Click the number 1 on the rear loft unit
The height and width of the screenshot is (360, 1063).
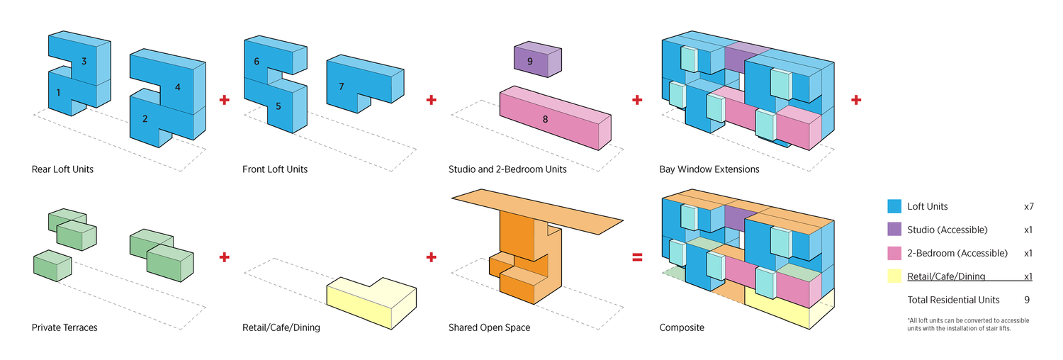[58, 92]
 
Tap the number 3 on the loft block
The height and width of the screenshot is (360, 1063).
[84, 62]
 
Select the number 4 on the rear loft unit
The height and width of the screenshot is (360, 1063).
[177, 87]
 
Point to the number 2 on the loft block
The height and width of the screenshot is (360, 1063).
[145, 118]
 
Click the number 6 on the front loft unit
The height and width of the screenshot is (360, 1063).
[257, 62]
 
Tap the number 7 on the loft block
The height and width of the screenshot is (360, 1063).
[342, 86]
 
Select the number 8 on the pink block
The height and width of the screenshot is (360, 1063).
[545, 119]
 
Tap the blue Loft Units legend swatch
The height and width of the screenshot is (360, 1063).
[894, 206]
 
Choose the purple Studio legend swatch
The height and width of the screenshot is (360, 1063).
[894, 230]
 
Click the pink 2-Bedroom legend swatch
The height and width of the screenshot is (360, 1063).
[894, 253]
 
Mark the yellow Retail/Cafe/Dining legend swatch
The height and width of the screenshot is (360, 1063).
[894, 276]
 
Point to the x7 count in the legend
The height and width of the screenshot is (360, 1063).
[1029, 206]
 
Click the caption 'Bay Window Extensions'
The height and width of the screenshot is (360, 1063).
[709, 169]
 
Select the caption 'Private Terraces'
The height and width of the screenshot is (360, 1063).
[64, 328]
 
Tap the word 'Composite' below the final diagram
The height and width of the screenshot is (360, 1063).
[682, 328]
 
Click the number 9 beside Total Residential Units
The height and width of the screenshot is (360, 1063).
[1027, 300]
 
